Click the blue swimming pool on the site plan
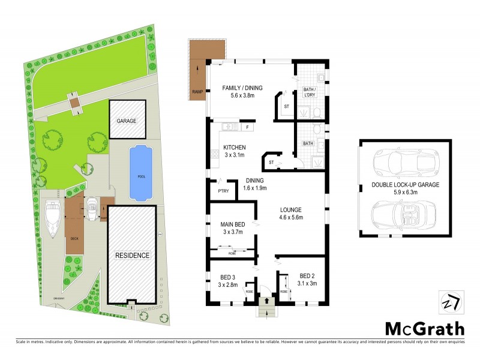(140, 173)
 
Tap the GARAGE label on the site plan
(126, 121)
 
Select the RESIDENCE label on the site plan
(132, 255)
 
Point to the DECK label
(74, 238)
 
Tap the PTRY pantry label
(218, 190)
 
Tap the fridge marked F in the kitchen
(247, 127)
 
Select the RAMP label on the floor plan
(197, 92)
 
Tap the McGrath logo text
(424, 329)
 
